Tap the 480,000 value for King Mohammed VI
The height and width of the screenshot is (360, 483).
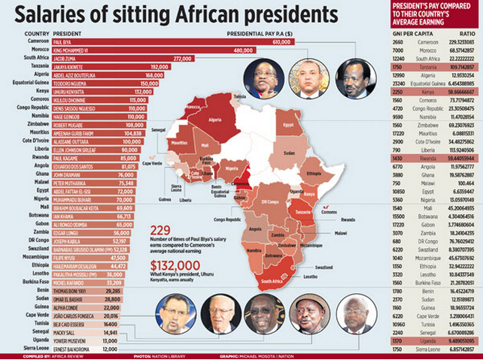(x=242, y=50)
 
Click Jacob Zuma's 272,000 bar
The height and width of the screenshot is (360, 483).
(x=120, y=58)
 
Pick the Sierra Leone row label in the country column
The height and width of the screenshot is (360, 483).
(x=36, y=349)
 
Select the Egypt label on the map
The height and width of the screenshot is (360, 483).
(x=288, y=123)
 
